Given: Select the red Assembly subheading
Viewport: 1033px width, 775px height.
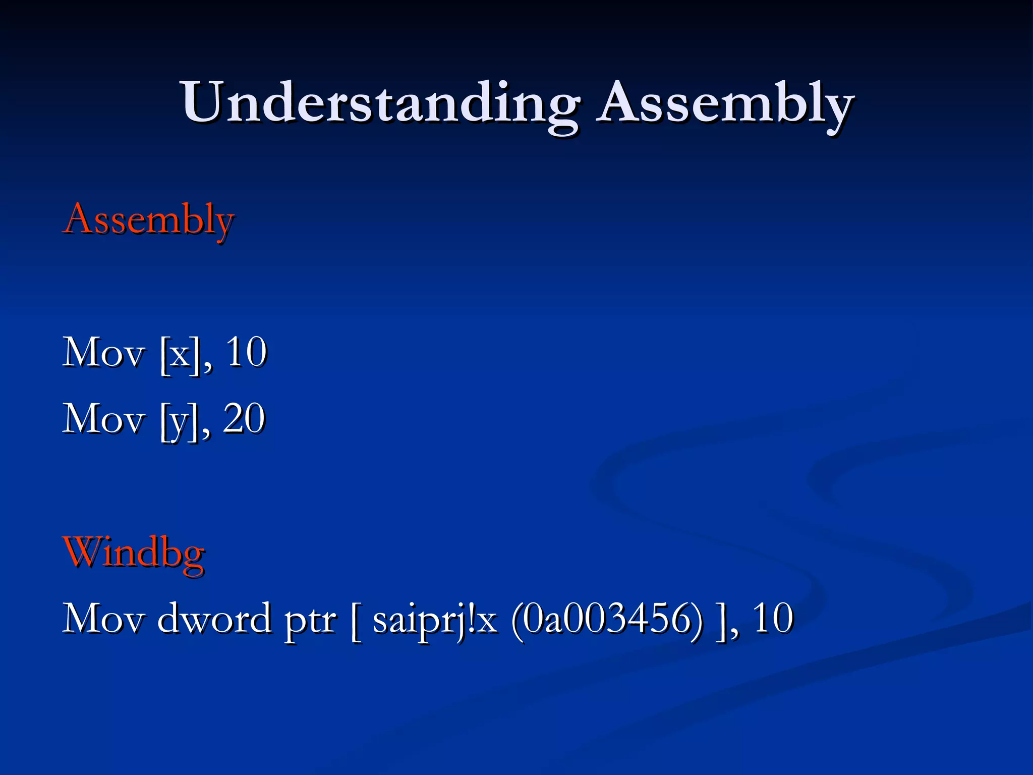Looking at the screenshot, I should click(149, 220).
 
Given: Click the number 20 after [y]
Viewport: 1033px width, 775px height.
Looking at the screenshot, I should click(244, 419).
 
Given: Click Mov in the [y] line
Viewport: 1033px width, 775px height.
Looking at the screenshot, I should click(103, 419).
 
